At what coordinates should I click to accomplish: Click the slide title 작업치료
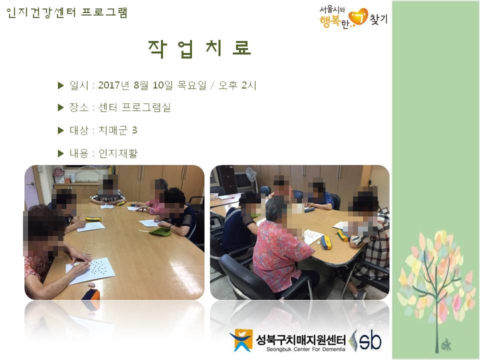pos(199,48)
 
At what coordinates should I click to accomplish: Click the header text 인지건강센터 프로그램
pos(66,12)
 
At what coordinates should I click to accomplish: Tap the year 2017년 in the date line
pos(113,85)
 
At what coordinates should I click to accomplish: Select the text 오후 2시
pos(237,85)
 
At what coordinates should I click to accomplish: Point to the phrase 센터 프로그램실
pos(134,107)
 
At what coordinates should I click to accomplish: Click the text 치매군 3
pos(117,130)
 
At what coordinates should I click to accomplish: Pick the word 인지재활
pos(118,153)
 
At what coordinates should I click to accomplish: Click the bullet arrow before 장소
pos(60,107)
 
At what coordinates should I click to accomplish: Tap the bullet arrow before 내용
pos(60,153)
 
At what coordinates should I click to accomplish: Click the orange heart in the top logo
pos(358,17)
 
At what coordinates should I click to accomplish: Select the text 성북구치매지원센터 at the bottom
pos(300,339)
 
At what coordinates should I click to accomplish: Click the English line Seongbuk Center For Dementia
pos(305,349)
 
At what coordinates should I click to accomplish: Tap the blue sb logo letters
pos(370,340)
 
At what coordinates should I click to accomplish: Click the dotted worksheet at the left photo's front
pos(91,270)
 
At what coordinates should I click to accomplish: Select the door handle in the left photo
pos(30,184)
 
